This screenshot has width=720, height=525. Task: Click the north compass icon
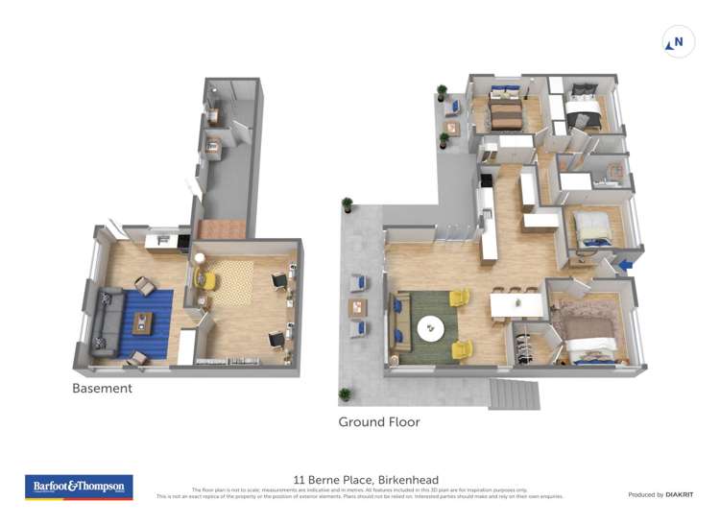pyautogui.click(x=678, y=42)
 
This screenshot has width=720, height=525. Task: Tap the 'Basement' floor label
pyautogui.click(x=102, y=389)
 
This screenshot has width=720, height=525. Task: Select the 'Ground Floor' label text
pyautogui.click(x=378, y=421)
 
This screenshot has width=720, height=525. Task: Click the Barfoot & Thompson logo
pyautogui.click(x=79, y=487)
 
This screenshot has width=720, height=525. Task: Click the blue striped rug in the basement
pyautogui.click(x=144, y=322)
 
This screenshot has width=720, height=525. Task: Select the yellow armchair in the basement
pyautogui.click(x=205, y=279)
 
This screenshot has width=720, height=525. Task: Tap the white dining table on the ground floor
pyautogui.click(x=516, y=306)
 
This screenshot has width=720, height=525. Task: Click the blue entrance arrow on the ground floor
pyautogui.click(x=625, y=264)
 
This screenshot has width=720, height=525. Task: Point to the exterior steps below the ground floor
pyautogui.click(x=516, y=392)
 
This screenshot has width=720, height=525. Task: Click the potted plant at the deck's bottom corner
pyautogui.click(x=344, y=394)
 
